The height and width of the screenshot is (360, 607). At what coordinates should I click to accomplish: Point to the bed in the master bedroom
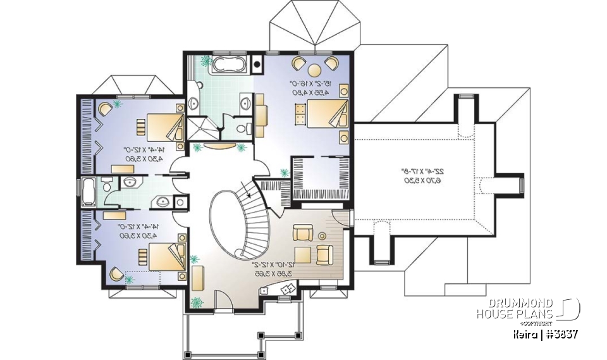coord(321,115)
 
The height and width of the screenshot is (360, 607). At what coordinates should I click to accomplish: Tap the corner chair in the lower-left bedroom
coord(116,273)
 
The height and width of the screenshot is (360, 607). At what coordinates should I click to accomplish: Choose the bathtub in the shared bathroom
coord(89,192)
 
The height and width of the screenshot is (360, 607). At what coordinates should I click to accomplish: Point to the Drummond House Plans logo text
coord(513,309)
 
